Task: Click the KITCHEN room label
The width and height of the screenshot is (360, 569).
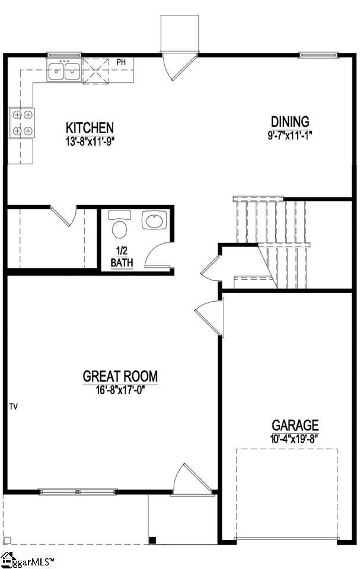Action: pos(89,127)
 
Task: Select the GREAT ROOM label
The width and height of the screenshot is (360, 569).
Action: pos(120,376)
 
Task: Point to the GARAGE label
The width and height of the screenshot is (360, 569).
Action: pos(295,425)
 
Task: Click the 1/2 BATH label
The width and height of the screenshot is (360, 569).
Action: pos(122,257)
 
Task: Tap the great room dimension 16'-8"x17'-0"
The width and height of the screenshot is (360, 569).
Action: pos(120,389)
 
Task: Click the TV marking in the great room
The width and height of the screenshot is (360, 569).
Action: pos(13,407)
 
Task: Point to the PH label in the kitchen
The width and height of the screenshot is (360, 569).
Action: pos(121,62)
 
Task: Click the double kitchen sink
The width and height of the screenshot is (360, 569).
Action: pos(65,71)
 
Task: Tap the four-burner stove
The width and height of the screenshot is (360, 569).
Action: pos(22,123)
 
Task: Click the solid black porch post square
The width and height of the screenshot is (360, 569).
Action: pos(152,539)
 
